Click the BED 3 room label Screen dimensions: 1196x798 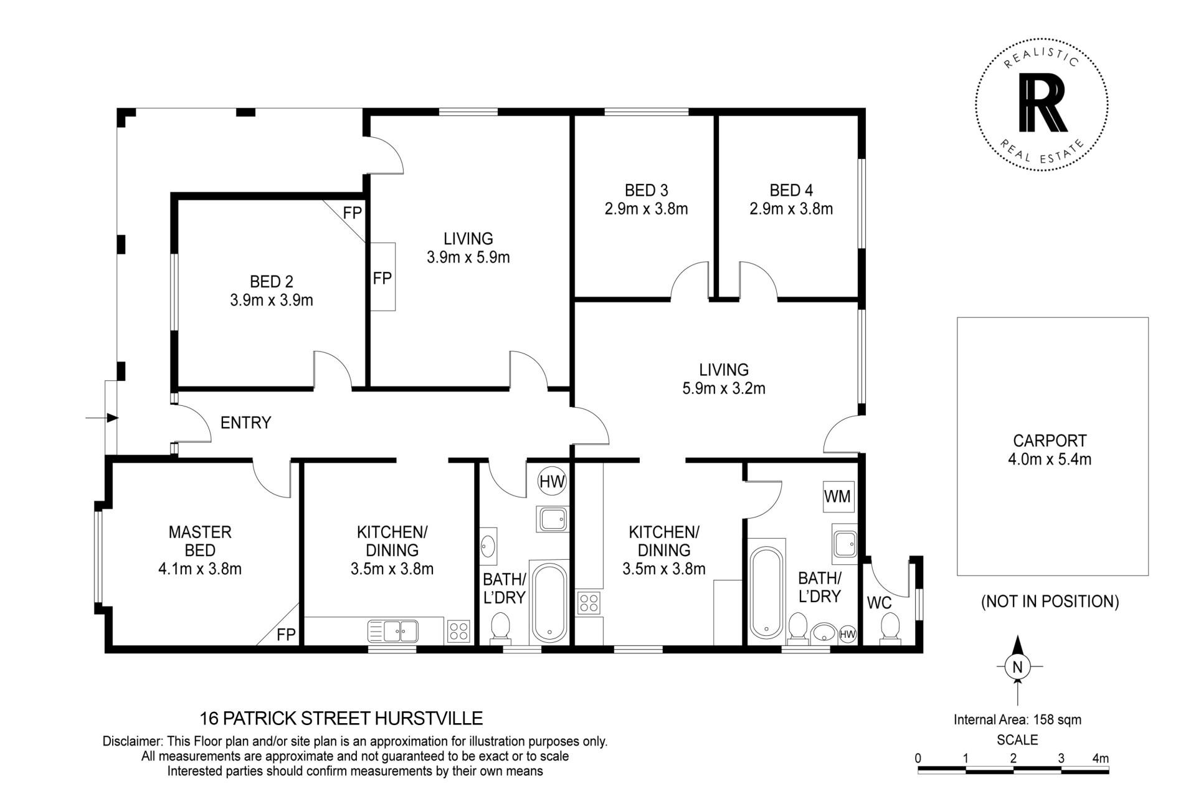tap(646, 190)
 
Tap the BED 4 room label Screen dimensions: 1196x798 tap(791, 190)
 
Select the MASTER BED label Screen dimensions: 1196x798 tap(200, 541)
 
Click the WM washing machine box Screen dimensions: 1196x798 tap(838, 496)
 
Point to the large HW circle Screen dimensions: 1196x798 tap(552, 481)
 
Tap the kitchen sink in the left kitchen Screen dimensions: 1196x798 tap(393, 631)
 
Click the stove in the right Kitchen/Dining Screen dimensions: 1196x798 tap(589, 603)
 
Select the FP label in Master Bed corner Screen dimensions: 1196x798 tap(286, 635)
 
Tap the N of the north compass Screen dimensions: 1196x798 tap(1018, 667)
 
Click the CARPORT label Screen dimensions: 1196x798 tap(1050, 441)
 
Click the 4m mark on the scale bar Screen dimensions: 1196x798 tap(1101, 759)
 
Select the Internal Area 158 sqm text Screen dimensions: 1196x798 tap(1018, 719)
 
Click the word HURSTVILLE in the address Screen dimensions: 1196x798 tap(428, 719)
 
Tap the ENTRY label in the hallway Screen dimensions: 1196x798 tap(245, 423)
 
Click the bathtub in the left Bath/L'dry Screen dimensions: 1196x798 tap(549, 602)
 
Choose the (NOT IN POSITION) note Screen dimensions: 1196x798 tap(1050, 602)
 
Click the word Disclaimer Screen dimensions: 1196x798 tap(131, 742)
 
